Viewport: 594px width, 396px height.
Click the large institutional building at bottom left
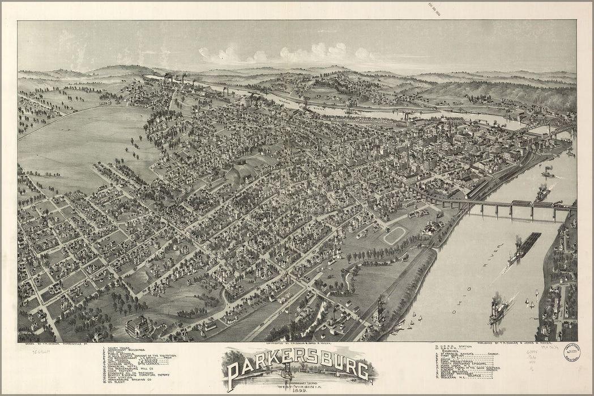[139, 326]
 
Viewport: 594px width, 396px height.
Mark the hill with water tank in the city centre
[241, 170]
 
